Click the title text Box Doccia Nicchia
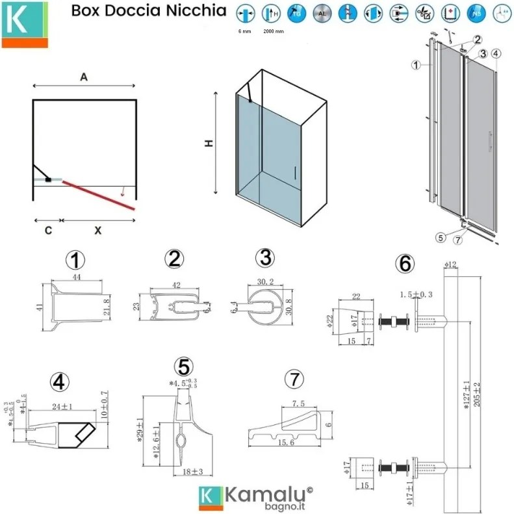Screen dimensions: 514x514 [149, 11]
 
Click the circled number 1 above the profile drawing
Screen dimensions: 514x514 [76, 261]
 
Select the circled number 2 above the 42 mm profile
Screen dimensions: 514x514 [173, 259]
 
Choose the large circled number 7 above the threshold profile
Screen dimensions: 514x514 [294, 378]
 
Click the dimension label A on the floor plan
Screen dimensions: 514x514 [84, 77]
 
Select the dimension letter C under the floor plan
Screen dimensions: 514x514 [48, 230]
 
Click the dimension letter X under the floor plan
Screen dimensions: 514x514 [98, 230]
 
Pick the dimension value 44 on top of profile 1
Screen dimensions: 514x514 [76, 277]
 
